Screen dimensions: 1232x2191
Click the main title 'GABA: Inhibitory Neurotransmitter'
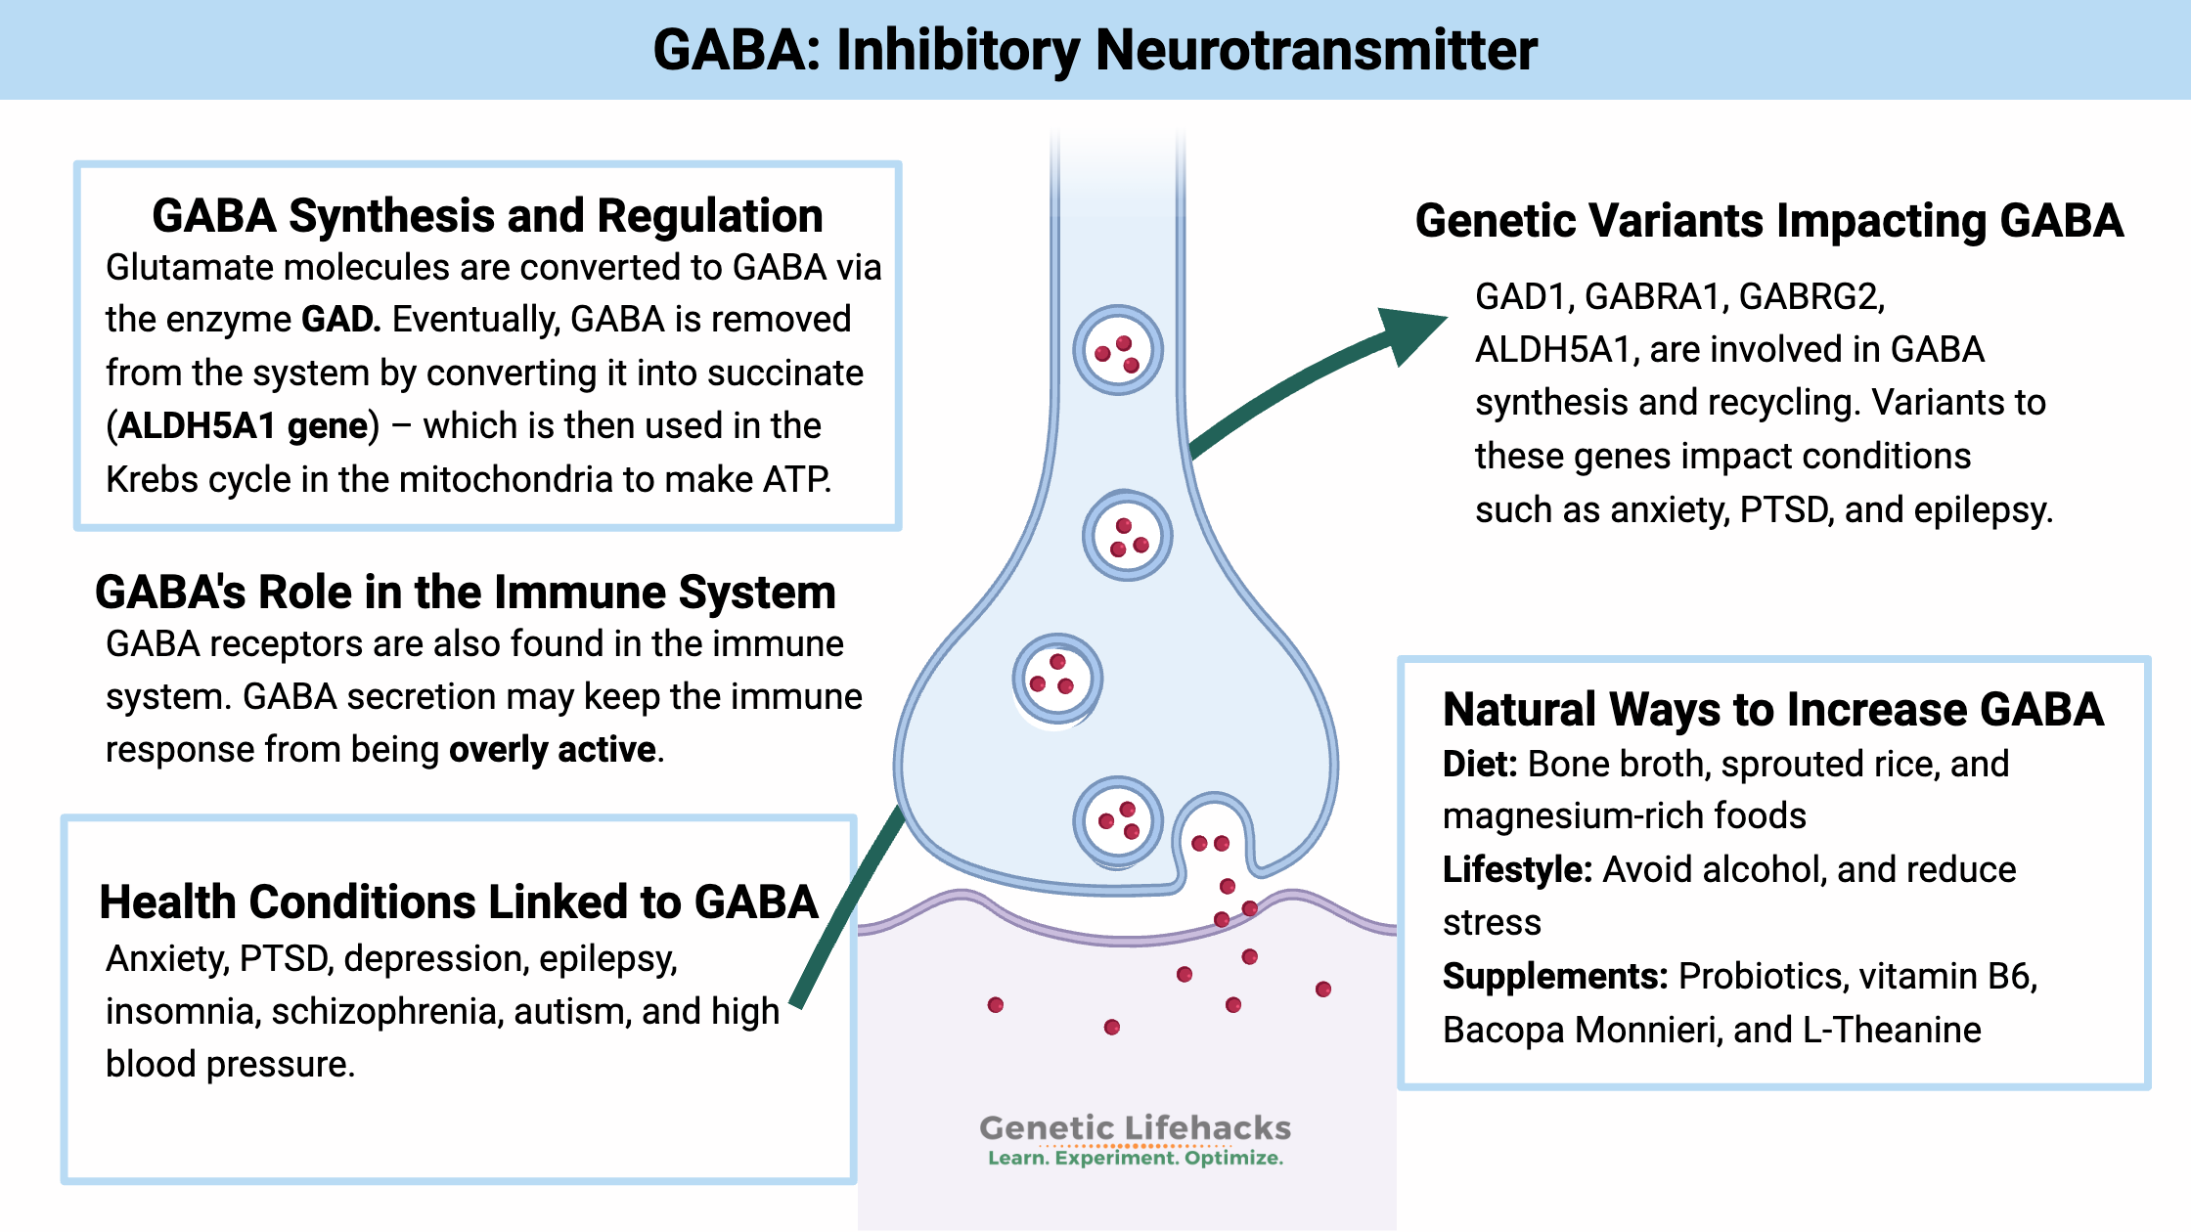pos(1095,50)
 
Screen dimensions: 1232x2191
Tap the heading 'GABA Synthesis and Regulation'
pos(487,216)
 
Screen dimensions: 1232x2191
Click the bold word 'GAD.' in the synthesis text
pos(340,320)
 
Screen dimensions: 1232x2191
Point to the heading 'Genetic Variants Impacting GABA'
pos(1768,221)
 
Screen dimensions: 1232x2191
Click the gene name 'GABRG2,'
pos(1811,296)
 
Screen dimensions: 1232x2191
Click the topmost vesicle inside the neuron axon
pos(1118,350)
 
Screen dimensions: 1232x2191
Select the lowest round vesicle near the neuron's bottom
pos(1118,821)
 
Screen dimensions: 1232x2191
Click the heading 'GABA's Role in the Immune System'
pos(466,593)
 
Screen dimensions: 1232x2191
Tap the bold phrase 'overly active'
pos(552,750)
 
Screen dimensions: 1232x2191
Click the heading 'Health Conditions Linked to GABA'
pos(458,902)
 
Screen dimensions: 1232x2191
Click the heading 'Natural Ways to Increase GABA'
pos(1772,710)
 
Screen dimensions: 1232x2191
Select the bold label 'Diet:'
pos(1479,765)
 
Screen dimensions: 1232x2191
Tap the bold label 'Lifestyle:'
pos(1517,870)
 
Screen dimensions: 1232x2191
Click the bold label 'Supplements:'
pos(1554,977)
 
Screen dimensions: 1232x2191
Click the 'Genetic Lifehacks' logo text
pos(1135,1127)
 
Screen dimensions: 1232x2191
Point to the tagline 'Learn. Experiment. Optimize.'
pos(1135,1159)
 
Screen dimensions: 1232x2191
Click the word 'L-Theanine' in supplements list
pos(1891,1031)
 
